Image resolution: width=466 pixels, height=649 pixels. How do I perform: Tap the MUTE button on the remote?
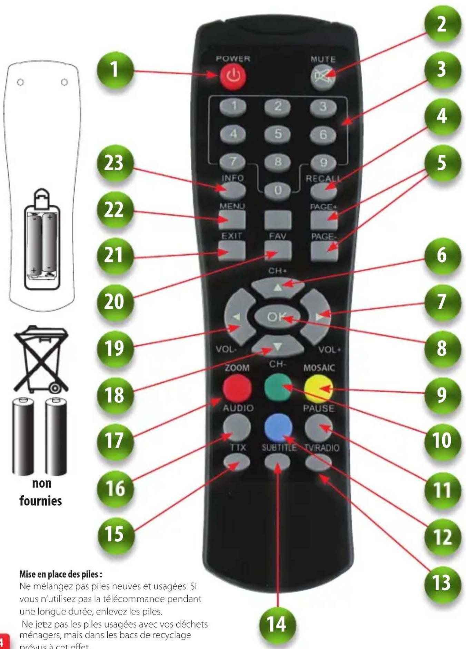(x=323, y=77)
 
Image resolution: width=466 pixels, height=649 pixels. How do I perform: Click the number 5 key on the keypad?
(x=278, y=134)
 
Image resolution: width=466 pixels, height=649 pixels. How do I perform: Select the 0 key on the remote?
(x=278, y=190)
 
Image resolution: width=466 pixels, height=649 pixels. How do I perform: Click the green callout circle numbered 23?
(x=114, y=163)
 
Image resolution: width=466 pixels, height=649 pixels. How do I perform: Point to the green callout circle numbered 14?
(x=277, y=624)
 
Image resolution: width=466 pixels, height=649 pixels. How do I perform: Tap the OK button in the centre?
(x=277, y=316)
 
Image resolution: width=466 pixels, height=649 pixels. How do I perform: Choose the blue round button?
(x=278, y=427)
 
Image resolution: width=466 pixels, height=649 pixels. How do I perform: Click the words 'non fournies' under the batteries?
(x=41, y=492)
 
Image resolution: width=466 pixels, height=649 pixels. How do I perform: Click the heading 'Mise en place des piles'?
(x=60, y=574)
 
